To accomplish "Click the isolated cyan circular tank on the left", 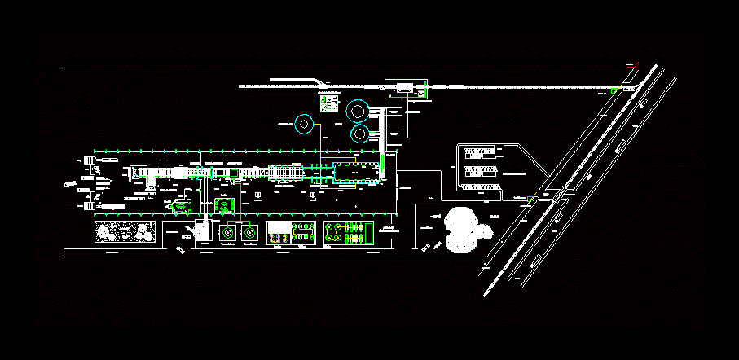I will (x=305, y=124).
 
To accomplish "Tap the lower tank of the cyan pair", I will (x=360, y=132).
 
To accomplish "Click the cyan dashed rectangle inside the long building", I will (x=357, y=172).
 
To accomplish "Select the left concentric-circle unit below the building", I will (x=228, y=234).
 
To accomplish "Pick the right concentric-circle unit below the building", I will (x=248, y=234).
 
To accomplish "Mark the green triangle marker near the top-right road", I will (x=614, y=90).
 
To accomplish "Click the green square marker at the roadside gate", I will (x=532, y=198).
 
